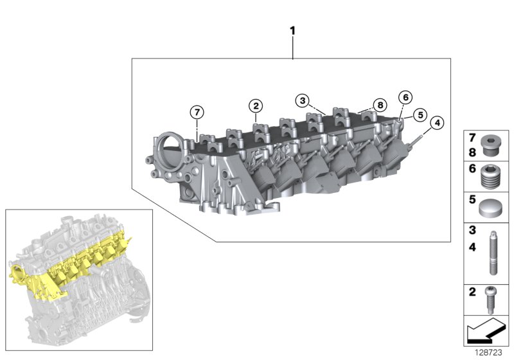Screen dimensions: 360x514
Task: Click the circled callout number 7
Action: click(x=197, y=112)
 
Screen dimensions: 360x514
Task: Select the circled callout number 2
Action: click(x=256, y=105)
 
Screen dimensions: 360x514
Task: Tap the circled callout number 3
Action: click(x=302, y=100)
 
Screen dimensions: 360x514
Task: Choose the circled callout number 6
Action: click(x=404, y=98)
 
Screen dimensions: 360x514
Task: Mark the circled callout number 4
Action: click(x=436, y=123)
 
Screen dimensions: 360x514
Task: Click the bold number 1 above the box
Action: click(x=293, y=31)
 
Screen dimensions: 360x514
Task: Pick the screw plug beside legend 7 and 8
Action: click(x=493, y=144)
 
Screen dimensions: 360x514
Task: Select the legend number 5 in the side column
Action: click(x=472, y=199)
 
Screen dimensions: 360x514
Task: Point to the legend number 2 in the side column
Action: click(x=472, y=292)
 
